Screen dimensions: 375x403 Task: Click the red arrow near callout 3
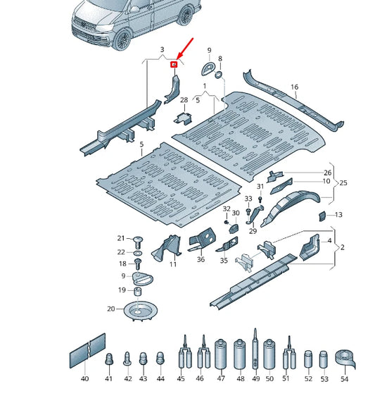click(x=185, y=49)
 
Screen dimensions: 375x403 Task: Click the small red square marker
click(x=174, y=65)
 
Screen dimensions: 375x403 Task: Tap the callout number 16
click(x=294, y=87)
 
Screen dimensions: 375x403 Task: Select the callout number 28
click(x=184, y=100)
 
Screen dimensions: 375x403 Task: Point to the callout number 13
click(x=338, y=215)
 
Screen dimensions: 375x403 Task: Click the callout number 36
click(x=201, y=259)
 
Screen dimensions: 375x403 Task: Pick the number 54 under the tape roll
click(x=345, y=379)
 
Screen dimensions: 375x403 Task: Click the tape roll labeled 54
click(x=345, y=359)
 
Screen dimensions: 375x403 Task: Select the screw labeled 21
click(x=138, y=242)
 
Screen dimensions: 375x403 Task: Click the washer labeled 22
click(x=138, y=253)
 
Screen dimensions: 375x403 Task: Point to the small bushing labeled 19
click(x=138, y=292)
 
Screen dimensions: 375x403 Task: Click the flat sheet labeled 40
click(x=87, y=351)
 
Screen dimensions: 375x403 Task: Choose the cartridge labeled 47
click(x=220, y=354)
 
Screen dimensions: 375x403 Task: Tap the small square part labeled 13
click(x=322, y=216)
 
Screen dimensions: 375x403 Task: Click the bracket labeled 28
click(x=184, y=118)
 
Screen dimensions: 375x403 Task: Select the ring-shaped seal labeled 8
click(x=218, y=75)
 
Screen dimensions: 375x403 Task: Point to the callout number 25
click(x=343, y=183)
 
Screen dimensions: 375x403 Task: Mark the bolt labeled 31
click(x=260, y=199)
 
